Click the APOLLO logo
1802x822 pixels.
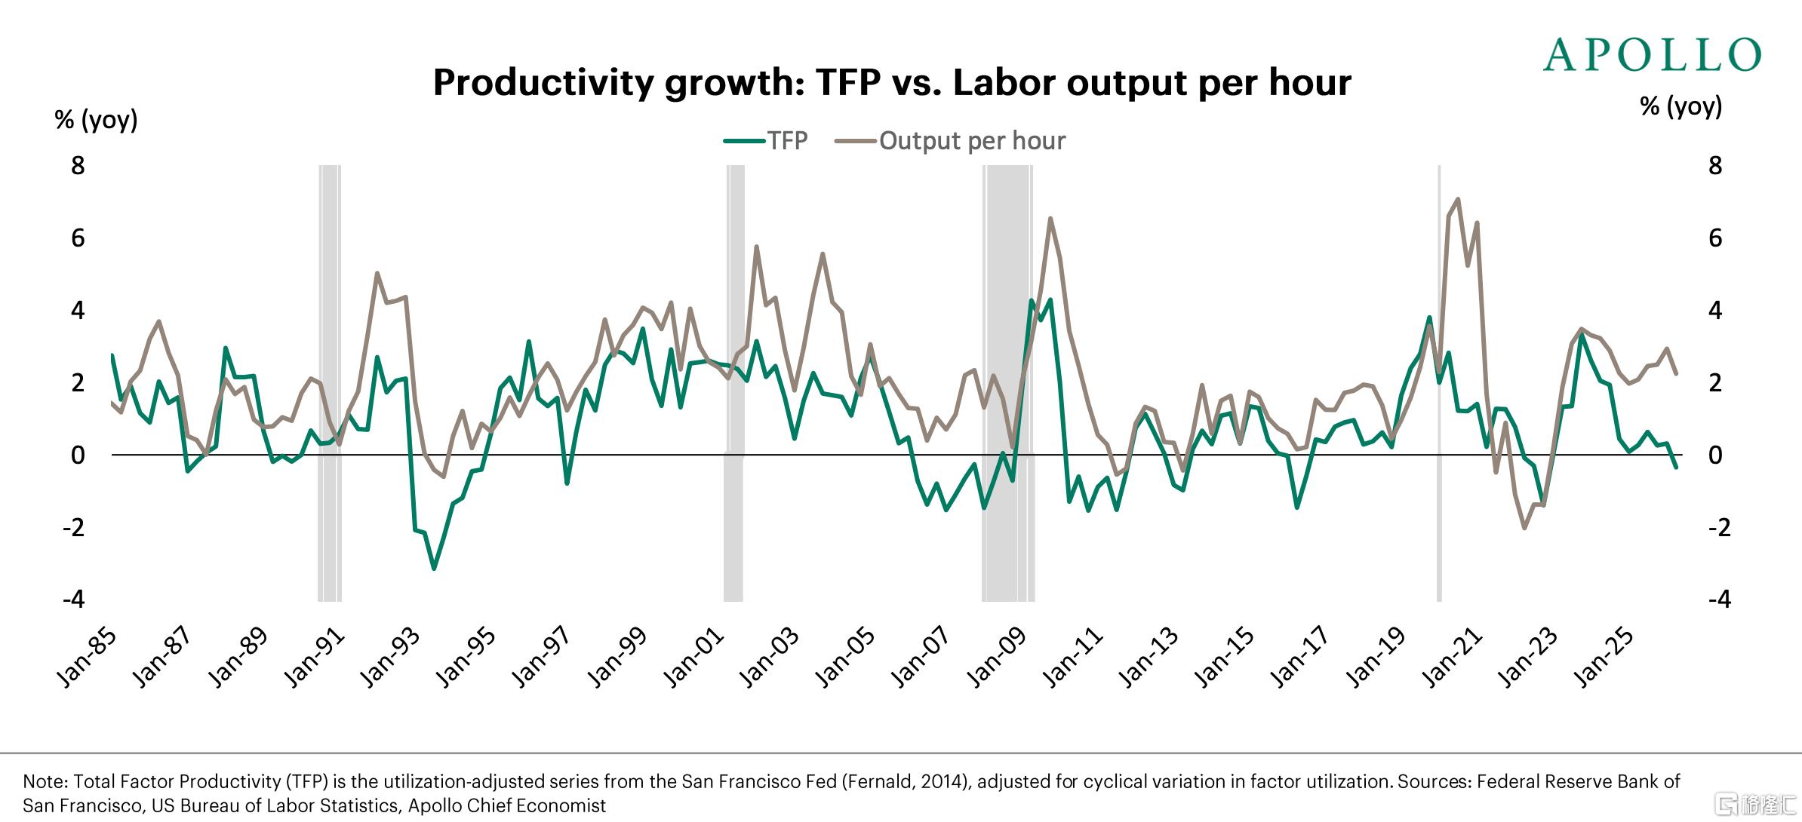coord(1653,55)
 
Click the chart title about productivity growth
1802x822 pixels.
coord(892,83)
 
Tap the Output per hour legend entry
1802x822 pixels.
coord(951,140)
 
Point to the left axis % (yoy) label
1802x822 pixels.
coord(97,120)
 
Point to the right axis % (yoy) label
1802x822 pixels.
coord(1681,106)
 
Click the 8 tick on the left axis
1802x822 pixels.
coord(78,166)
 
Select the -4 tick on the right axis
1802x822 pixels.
coord(1719,600)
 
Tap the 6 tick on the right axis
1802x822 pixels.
coord(1715,238)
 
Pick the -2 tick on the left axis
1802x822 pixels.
coord(73,527)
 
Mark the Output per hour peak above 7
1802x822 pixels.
coord(1457,199)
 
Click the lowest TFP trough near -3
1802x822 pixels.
coord(433,568)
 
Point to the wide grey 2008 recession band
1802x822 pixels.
coord(1008,383)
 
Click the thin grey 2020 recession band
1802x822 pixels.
coord(1439,383)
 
